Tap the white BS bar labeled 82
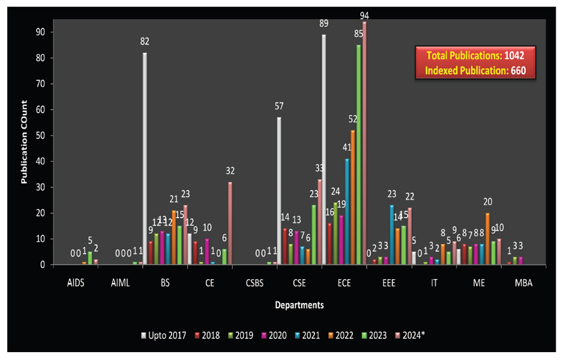point(145,159)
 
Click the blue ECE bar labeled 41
point(346,211)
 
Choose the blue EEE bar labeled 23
point(391,235)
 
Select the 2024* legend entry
point(412,335)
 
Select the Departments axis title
point(300,306)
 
